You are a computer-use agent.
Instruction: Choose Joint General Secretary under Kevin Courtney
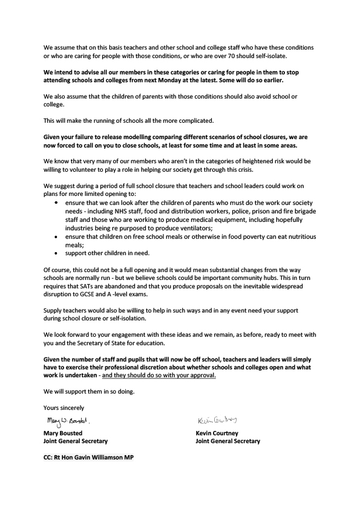[228, 441]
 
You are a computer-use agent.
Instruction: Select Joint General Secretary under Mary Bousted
[76, 441]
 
